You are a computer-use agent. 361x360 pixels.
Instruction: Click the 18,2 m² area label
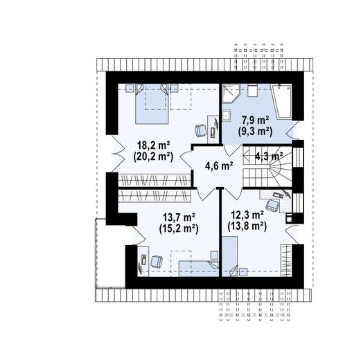(x=154, y=146)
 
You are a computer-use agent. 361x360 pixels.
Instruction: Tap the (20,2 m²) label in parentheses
(x=153, y=157)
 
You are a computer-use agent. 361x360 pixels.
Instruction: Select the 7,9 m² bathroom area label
(x=255, y=120)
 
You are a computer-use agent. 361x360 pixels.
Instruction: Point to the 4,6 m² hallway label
(x=219, y=165)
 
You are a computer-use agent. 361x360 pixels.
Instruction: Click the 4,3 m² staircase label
(x=269, y=156)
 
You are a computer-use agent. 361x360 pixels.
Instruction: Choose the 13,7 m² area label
(x=179, y=217)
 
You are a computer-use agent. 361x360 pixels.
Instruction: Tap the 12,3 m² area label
(x=247, y=215)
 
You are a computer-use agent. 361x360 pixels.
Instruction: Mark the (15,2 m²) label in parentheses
(x=179, y=228)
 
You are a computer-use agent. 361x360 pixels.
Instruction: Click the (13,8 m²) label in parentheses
(x=247, y=226)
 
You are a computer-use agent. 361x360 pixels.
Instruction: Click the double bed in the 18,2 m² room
(x=152, y=104)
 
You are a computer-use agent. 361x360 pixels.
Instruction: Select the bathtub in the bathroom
(x=281, y=102)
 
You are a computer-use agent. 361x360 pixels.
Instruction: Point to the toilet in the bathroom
(x=252, y=91)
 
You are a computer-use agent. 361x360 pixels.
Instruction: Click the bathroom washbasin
(x=227, y=116)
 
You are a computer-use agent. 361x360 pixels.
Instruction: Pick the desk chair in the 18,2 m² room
(x=200, y=131)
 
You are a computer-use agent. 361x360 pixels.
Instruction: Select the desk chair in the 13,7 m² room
(x=157, y=262)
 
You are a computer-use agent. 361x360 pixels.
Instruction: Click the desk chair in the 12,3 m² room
(x=272, y=205)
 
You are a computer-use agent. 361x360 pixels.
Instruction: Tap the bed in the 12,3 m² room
(x=230, y=256)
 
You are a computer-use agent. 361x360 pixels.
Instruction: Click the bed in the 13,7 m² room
(x=199, y=269)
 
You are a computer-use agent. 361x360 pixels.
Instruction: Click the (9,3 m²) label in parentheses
(x=255, y=131)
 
